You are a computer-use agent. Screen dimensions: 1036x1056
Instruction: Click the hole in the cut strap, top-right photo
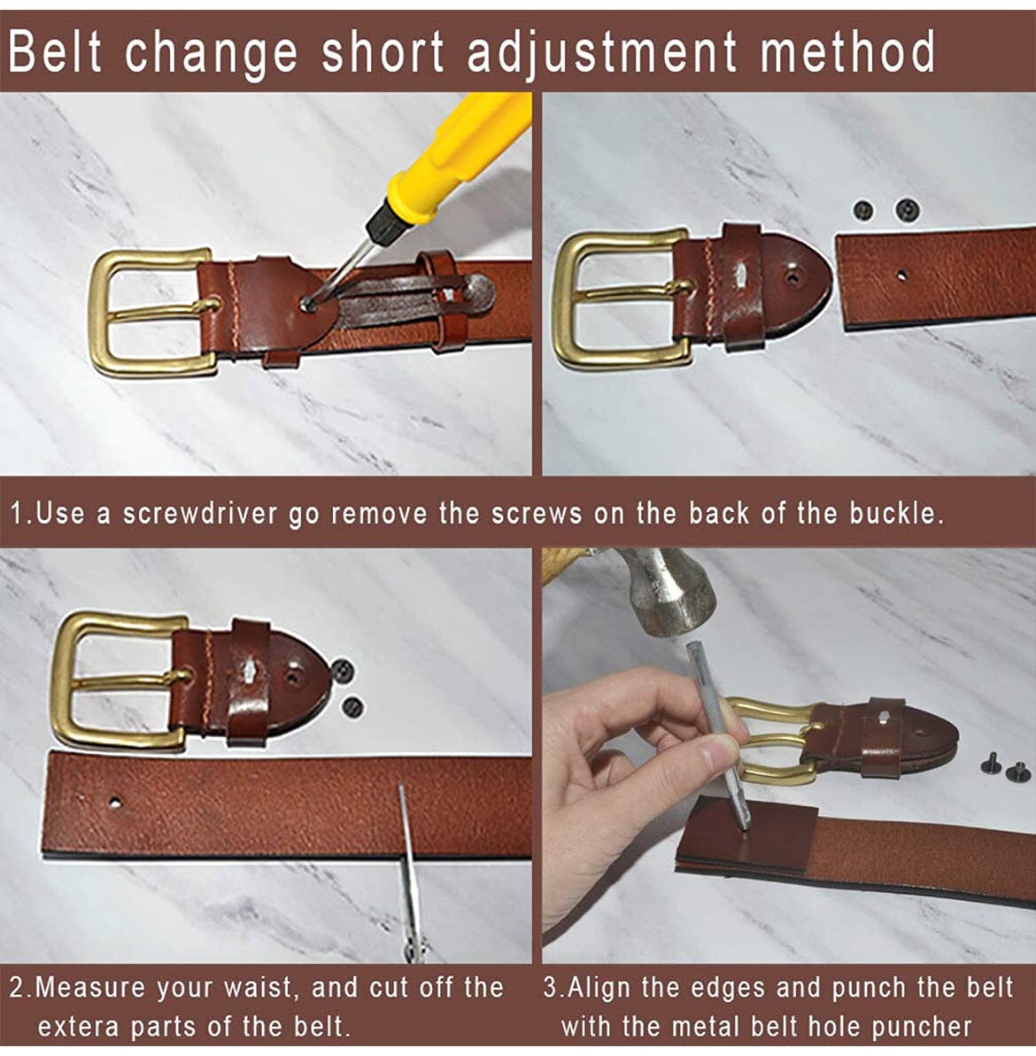(901, 275)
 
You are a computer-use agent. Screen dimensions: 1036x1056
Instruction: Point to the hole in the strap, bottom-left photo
(115, 803)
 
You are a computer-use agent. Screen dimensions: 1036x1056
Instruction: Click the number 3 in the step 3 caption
(551, 988)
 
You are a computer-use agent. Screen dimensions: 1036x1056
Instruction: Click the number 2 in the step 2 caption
(18, 988)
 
